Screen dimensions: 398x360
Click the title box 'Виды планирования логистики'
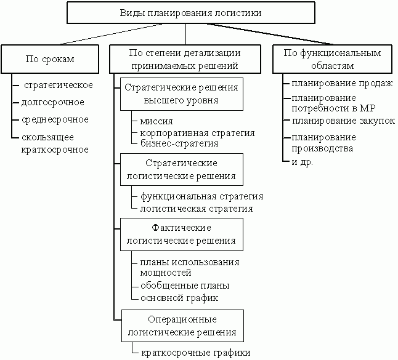pos(191,13)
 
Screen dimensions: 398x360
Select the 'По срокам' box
pos(50,59)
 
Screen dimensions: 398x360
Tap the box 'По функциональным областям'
pos(332,59)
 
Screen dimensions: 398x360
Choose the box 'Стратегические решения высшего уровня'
pos(182,94)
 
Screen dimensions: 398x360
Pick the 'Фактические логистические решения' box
pos(182,234)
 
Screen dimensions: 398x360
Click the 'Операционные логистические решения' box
pos(182,326)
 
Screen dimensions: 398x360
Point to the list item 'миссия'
pos(156,121)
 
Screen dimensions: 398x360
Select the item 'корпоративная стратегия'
pos(198,133)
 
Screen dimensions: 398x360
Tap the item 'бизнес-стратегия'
pos(179,143)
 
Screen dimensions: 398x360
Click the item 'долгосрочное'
pos(53,102)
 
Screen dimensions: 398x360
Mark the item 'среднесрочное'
pos(55,119)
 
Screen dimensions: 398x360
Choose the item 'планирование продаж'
pos(342,84)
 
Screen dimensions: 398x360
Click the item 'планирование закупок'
pos(343,121)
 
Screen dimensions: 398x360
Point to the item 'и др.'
pos(303,162)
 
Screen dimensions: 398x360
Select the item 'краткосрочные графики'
pos(196,353)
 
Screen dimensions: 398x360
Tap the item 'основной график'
pos(179,298)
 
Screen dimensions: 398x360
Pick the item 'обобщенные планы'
pos(185,286)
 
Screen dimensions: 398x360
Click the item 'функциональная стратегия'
pos(202,196)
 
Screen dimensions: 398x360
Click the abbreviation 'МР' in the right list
pos(368,108)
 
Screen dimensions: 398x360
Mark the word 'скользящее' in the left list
pos(47,137)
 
